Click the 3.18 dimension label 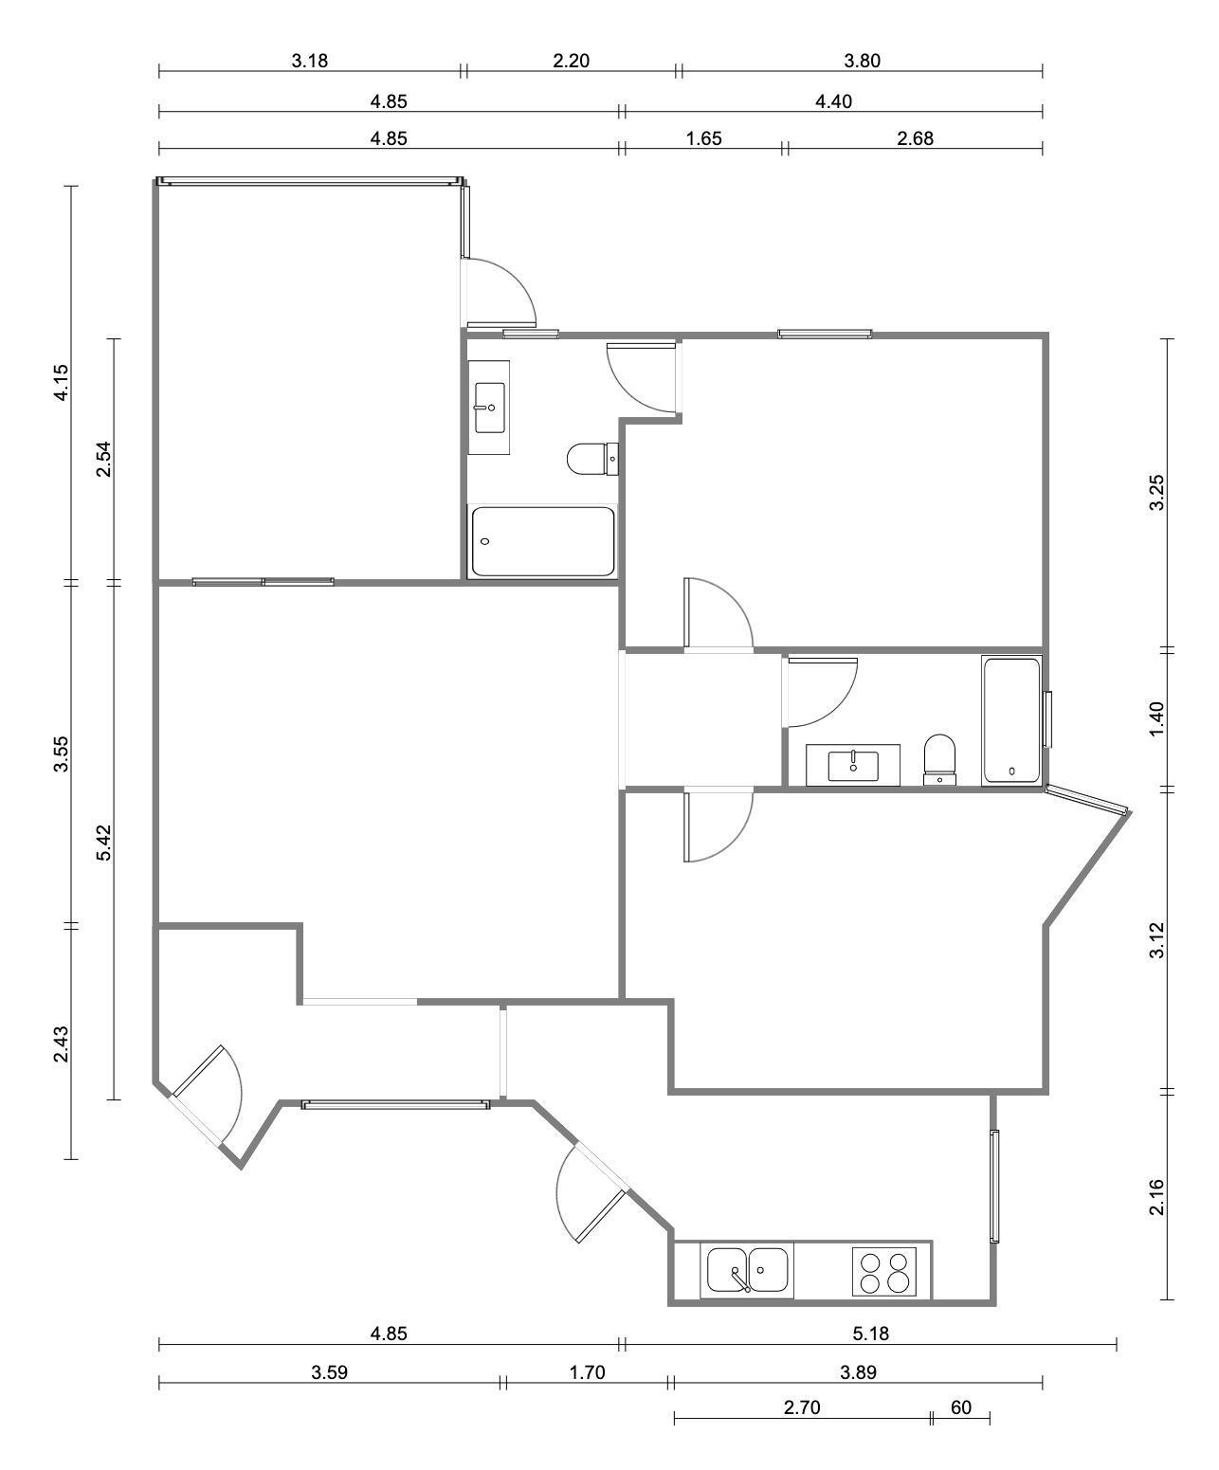pos(310,61)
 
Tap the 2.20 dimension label pos(571,61)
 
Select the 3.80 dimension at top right pos(862,61)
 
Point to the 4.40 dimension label pos(833,101)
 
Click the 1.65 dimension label pos(703,138)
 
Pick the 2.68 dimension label pos(915,138)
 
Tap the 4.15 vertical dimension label pos(62,382)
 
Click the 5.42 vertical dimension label pos(103,843)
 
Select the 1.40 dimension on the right pos(1156,719)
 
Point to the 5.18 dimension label pos(870,1334)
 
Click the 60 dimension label pos(960,1407)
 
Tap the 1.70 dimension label pos(587,1372)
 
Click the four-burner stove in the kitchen pos(883,1272)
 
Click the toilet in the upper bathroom pos(592,459)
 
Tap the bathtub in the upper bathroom pos(542,540)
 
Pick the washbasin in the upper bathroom pos(489,408)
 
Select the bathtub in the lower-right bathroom pos(1011,720)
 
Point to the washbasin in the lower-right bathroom pos(853,765)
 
